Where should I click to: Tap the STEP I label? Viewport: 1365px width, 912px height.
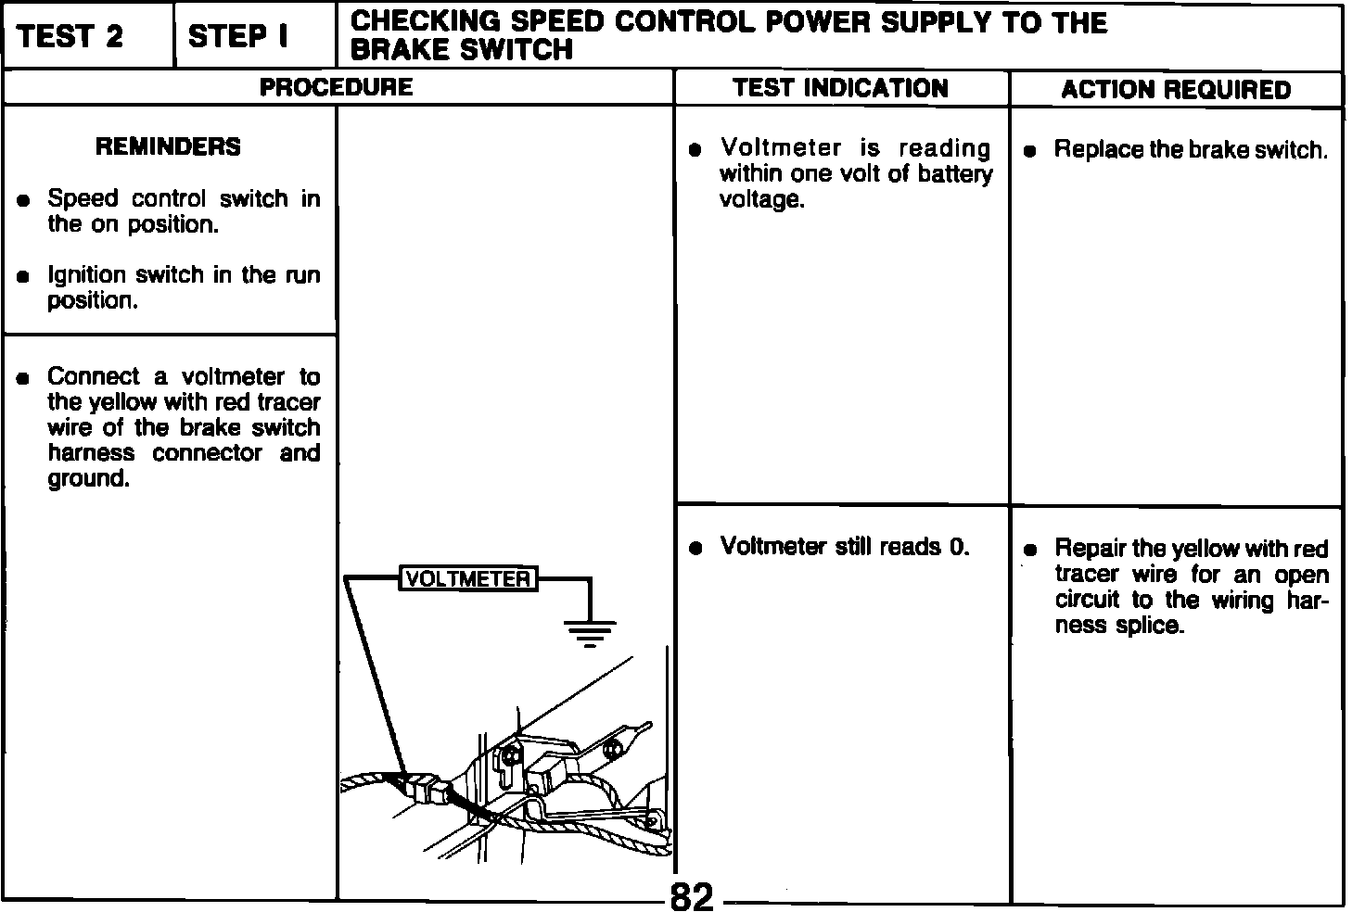(x=238, y=37)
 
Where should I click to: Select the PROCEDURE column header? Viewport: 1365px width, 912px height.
(x=336, y=88)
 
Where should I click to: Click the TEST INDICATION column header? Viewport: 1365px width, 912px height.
(x=840, y=89)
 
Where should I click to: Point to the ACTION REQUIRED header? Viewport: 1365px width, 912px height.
(x=1176, y=90)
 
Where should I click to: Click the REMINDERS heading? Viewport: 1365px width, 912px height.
(x=168, y=146)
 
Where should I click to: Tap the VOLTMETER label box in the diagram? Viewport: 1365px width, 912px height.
(x=468, y=579)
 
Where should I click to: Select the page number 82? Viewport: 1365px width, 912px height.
(x=692, y=896)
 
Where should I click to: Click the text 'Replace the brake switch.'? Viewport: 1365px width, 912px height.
(x=1191, y=150)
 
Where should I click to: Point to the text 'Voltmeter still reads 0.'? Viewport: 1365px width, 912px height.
(x=845, y=547)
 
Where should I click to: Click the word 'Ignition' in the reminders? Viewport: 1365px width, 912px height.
(x=86, y=275)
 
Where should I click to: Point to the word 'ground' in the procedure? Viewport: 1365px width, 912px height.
(x=87, y=479)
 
